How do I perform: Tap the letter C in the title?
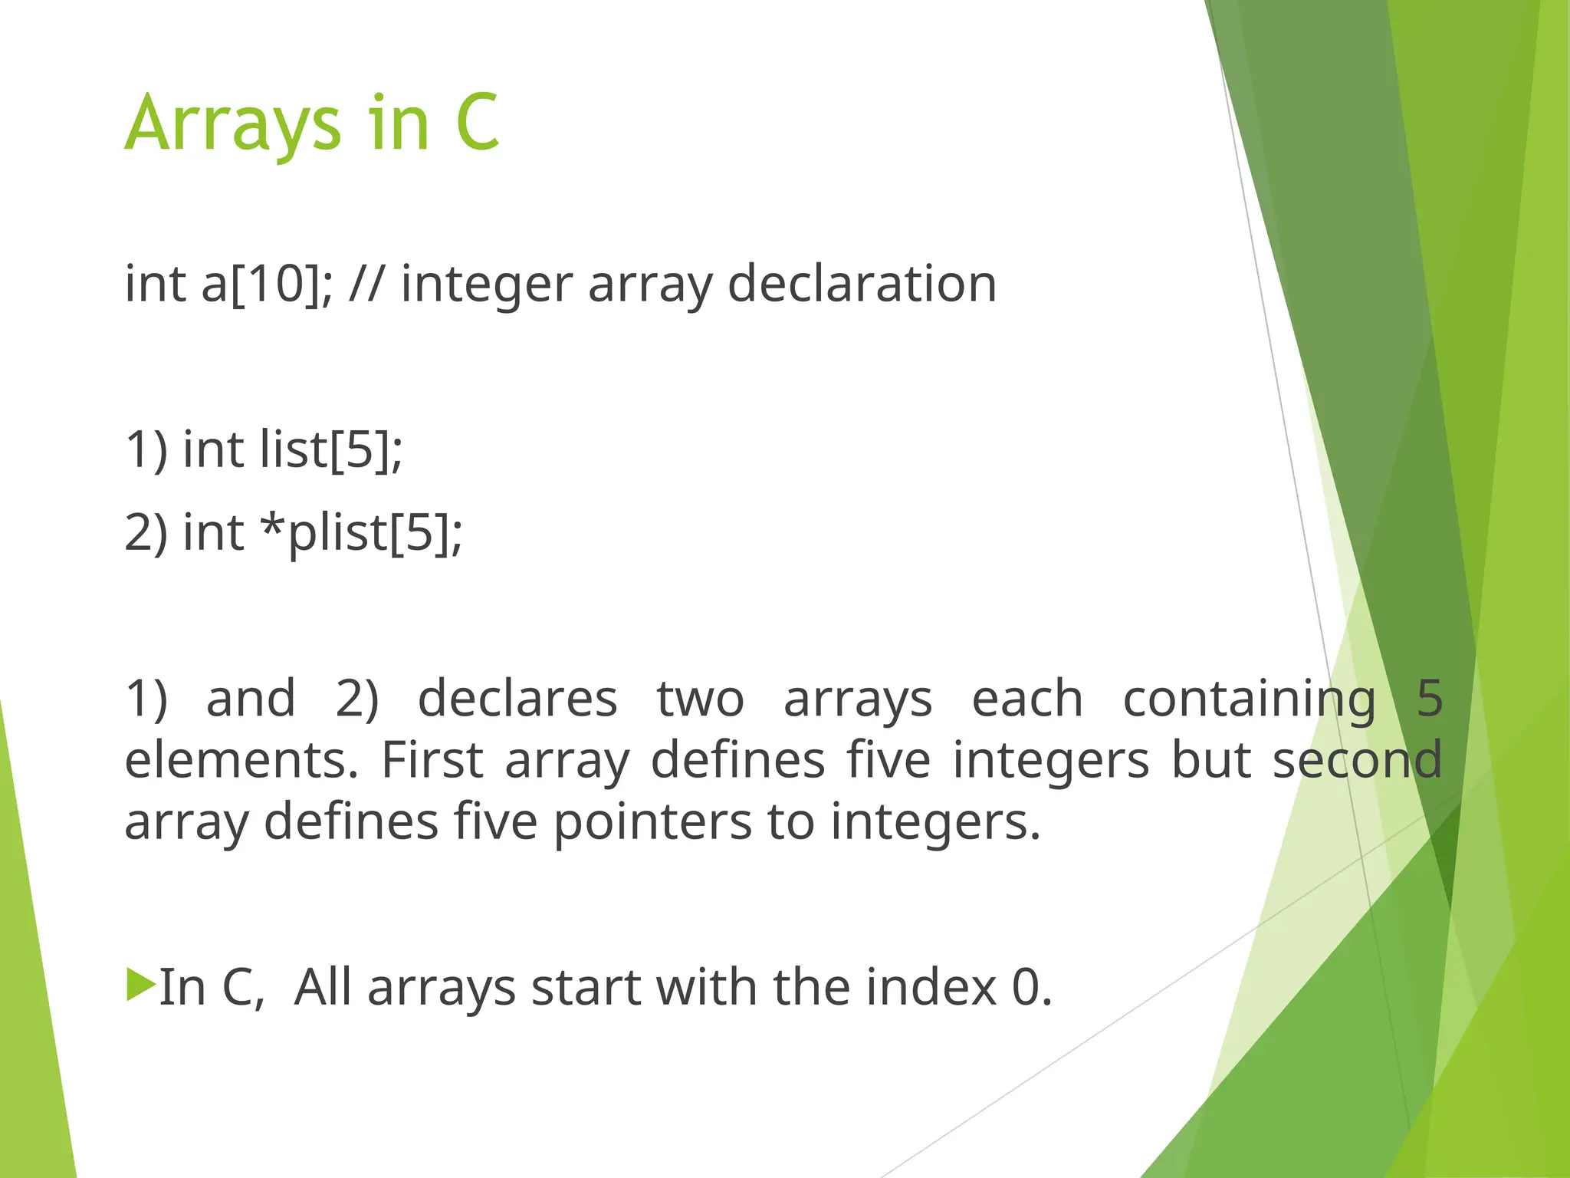click(x=477, y=123)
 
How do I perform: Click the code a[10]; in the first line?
click(x=267, y=285)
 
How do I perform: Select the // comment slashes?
click(x=366, y=285)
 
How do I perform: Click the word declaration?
click(x=862, y=285)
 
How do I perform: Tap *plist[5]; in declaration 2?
click(x=361, y=534)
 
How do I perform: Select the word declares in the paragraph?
click(x=517, y=699)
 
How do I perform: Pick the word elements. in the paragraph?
click(x=241, y=761)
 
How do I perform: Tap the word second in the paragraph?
click(x=1357, y=761)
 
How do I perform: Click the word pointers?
click(x=652, y=823)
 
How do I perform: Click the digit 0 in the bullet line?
click(x=1026, y=988)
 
